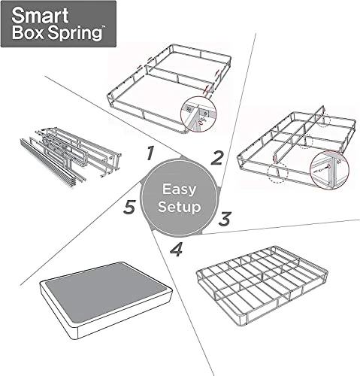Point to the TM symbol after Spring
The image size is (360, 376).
click(101, 28)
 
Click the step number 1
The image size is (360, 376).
click(150, 154)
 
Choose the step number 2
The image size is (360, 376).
click(217, 158)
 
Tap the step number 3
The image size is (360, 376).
click(224, 220)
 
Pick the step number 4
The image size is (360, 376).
click(176, 248)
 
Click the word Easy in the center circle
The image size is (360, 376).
click(179, 187)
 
